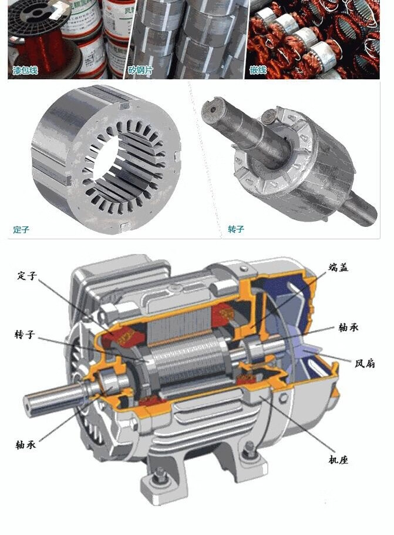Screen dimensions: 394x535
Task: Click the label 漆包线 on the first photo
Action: click(25, 71)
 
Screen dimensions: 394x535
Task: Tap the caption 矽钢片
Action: click(140, 71)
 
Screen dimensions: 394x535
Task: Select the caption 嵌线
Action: click(258, 71)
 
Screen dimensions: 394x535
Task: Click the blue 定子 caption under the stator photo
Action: click(21, 229)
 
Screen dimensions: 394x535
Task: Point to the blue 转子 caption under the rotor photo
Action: click(236, 229)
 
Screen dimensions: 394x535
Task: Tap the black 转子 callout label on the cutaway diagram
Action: click(25, 334)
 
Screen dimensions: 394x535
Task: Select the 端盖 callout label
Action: click(338, 267)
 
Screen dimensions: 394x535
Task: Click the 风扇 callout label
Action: click(365, 363)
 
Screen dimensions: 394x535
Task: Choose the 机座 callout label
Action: click(338, 460)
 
